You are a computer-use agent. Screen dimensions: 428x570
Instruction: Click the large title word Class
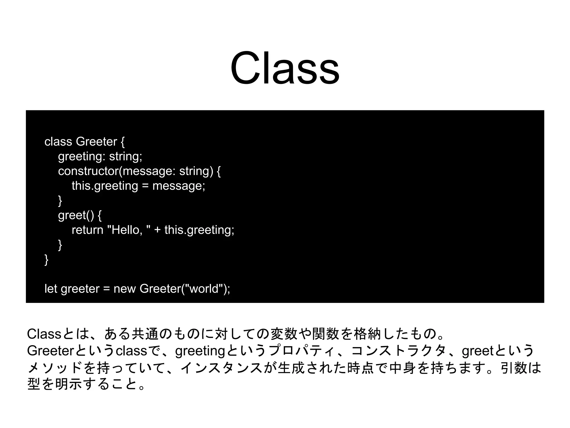pos(284,69)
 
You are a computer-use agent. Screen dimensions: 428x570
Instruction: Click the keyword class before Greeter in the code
pos(58,142)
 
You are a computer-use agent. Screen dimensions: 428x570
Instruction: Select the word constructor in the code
pos(88,171)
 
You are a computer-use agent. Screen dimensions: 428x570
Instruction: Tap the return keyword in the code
pos(87,230)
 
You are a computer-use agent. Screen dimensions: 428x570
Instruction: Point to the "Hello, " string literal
pos(129,230)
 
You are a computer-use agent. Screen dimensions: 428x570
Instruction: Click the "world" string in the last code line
pos(204,289)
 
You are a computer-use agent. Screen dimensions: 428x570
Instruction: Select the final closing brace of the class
pos(46,260)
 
